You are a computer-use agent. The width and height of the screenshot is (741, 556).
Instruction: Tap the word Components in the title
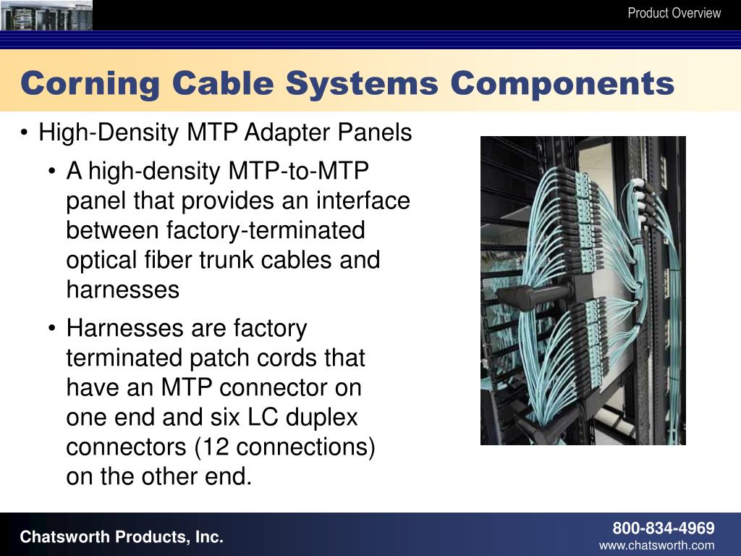pos(562,84)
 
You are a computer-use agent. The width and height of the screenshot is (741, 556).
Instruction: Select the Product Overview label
pos(674,13)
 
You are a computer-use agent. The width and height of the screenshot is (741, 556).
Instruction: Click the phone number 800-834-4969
pos(664,528)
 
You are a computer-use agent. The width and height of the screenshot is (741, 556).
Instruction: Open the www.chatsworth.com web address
pos(656,546)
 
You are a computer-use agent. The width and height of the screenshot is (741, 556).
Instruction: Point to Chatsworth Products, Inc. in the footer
pos(122,537)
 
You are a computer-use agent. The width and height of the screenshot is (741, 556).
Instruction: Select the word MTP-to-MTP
pos(299,172)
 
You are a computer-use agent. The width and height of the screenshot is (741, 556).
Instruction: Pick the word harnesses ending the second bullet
pos(122,290)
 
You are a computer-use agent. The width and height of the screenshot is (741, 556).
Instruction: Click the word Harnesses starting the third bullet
pos(125,329)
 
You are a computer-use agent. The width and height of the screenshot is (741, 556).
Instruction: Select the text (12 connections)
pos(284,447)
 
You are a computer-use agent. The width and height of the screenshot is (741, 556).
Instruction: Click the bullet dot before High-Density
pos(25,134)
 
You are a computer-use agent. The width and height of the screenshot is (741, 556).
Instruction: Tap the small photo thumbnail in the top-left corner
pos(46,14)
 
